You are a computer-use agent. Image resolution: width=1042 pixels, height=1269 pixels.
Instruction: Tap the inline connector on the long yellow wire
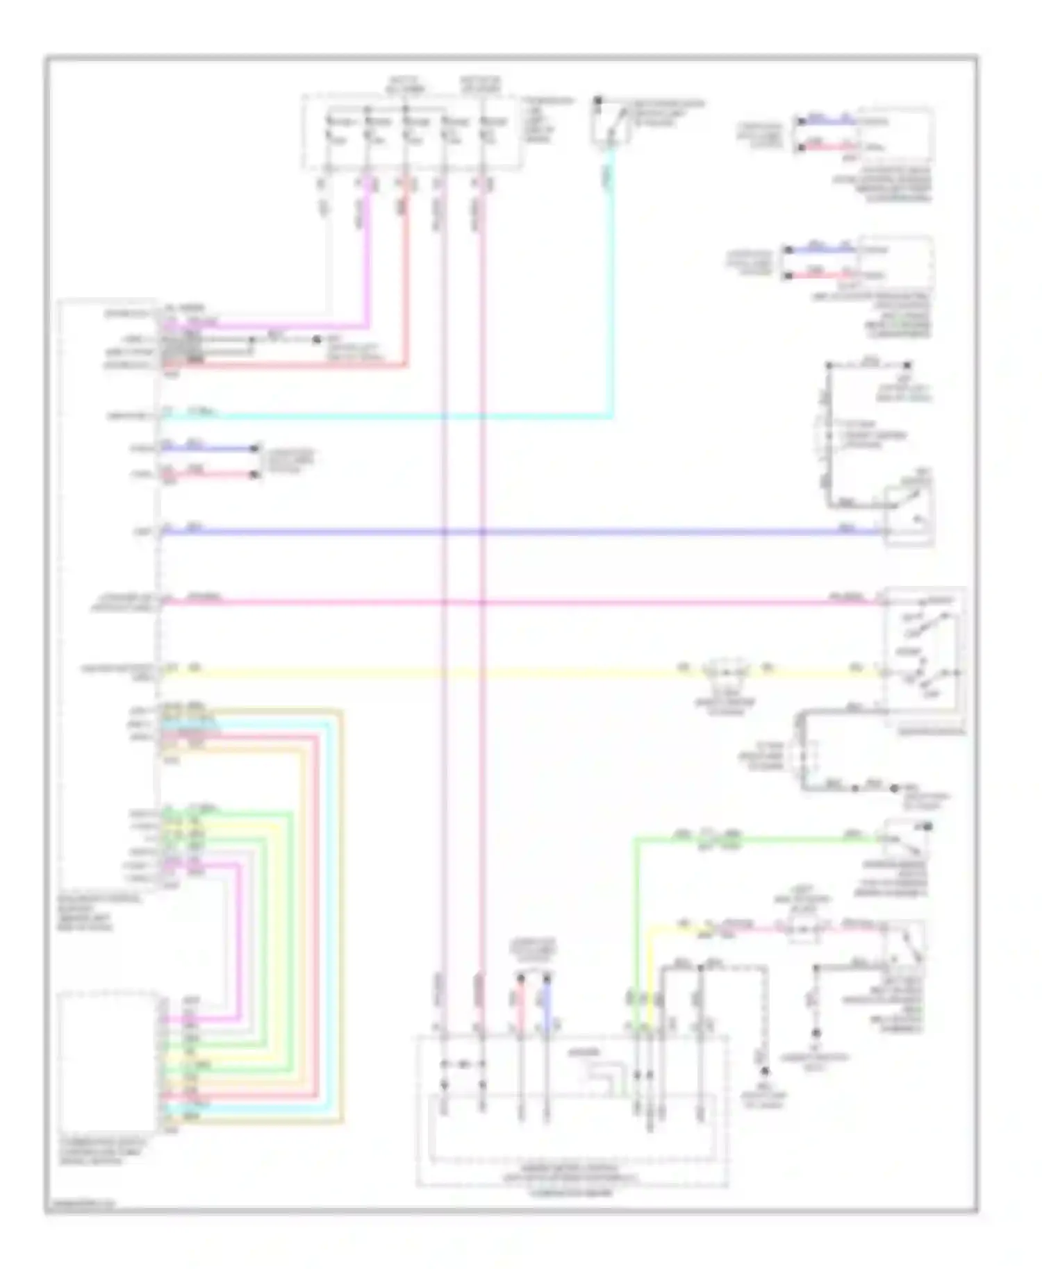pos(726,671)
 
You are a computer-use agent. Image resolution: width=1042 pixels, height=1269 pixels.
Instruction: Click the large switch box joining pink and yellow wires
pos(923,656)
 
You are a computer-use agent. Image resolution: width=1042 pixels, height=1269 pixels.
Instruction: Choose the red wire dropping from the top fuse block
pos(406,278)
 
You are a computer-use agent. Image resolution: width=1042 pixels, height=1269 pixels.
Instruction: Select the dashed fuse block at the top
pos(411,132)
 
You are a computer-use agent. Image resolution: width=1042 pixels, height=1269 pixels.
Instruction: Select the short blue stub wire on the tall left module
pos(208,448)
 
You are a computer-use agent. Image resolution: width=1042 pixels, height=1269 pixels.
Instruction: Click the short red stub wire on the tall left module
pos(208,476)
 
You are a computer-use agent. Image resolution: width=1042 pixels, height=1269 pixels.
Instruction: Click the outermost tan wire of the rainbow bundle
pos(341,902)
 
